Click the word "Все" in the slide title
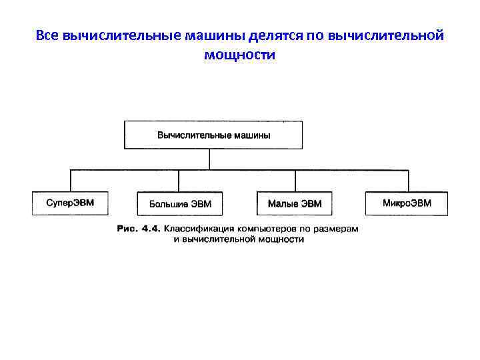coord(47,35)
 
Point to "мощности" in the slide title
coord(240,55)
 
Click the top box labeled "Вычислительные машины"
coord(213,135)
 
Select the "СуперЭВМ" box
coord(70,203)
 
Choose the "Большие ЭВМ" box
coord(178,203)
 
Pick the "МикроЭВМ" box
coord(407,203)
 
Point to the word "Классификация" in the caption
coord(199,229)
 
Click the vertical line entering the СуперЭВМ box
coord(71,181)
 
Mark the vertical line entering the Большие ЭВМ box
coord(178,181)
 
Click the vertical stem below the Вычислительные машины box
coord(211,159)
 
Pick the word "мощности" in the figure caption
coord(281,239)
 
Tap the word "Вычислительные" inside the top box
coord(194,135)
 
